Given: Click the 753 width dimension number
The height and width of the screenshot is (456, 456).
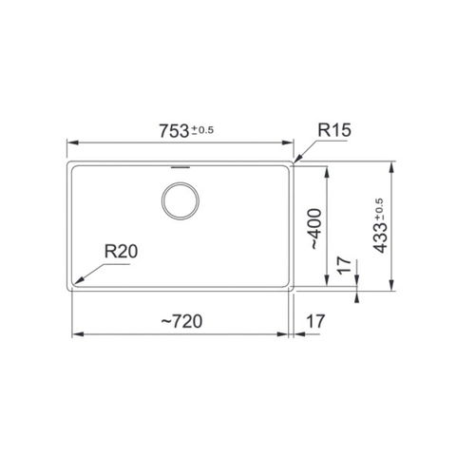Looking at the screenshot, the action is click(x=174, y=131).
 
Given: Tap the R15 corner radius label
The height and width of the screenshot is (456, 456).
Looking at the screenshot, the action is click(x=334, y=130).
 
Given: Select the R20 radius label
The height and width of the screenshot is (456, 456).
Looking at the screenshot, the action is click(x=121, y=252).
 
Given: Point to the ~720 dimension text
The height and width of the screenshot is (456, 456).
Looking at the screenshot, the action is click(x=181, y=321).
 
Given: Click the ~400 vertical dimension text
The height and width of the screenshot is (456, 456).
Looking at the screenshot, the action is click(x=315, y=229).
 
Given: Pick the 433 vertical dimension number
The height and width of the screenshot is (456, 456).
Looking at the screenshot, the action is click(x=380, y=238).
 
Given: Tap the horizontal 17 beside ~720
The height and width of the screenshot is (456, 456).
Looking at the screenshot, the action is click(x=315, y=321).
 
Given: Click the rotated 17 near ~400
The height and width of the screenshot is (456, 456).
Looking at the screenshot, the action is click(x=344, y=265).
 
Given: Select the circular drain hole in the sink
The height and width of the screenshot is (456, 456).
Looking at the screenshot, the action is click(x=180, y=200).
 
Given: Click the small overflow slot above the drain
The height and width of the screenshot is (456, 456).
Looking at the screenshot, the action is click(x=180, y=167).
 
